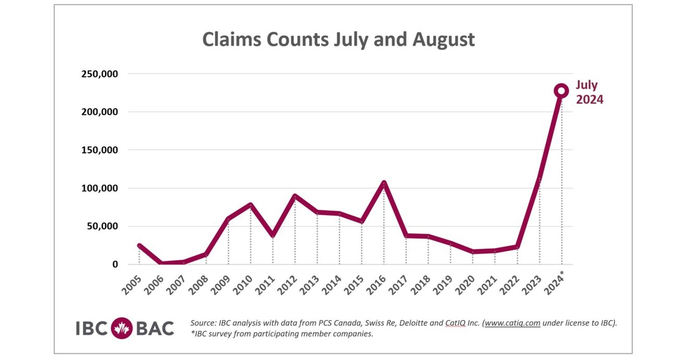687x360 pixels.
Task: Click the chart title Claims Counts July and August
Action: point(338,40)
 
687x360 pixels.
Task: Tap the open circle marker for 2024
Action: point(561,91)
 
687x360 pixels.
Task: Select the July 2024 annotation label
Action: point(589,92)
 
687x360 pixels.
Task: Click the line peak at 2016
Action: point(384,183)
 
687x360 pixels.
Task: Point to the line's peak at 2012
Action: point(295,196)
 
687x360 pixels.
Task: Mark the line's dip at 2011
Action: point(272,235)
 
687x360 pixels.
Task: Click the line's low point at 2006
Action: point(161,263)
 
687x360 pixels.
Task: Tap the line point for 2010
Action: point(251,205)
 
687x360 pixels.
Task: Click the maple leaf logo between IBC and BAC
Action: point(122,328)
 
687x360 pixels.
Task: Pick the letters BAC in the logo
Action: point(155,328)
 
